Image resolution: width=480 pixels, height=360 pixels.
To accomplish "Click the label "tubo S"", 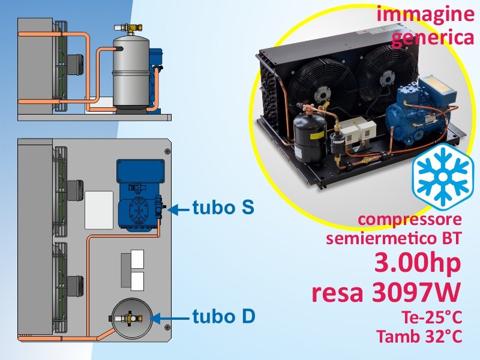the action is click(x=223, y=208).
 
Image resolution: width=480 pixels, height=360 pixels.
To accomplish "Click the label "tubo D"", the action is click(x=224, y=316).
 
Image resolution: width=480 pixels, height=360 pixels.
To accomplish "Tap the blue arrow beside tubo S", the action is click(x=178, y=210).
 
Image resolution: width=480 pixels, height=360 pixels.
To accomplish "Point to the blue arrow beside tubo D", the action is click(x=169, y=319).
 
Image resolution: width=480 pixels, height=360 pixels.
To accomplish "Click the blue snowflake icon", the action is click(x=443, y=177).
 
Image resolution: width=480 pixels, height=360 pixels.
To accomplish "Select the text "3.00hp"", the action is click(x=418, y=263).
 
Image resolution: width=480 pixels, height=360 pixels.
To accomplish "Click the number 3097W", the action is click(x=416, y=292).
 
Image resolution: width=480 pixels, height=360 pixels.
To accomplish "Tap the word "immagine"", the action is click(x=425, y=14).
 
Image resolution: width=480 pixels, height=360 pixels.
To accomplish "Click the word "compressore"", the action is click(x=410, y=220).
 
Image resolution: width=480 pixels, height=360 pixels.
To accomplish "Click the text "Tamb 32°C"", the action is click(x=419, y=336).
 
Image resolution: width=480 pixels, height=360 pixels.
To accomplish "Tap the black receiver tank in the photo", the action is click(x=309, y=138).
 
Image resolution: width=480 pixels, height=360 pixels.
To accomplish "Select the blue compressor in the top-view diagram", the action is click(x=140, y=195).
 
